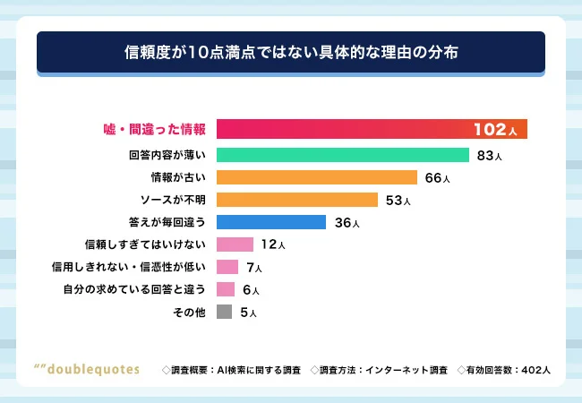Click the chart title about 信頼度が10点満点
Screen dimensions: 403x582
tap(291, 52)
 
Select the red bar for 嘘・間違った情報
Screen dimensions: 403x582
tap(340, 129)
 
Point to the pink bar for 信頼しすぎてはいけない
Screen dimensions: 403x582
tap(235, 244)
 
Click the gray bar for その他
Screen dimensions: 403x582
tap(224, 312)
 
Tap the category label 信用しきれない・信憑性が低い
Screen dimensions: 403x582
tap(132, 267)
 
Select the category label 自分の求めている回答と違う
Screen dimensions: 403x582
tap(135, 289)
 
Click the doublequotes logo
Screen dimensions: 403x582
tap(86, 369)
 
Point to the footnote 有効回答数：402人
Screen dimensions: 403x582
tap(503, 369)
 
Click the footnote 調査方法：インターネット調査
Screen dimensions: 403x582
tap(378, 369)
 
